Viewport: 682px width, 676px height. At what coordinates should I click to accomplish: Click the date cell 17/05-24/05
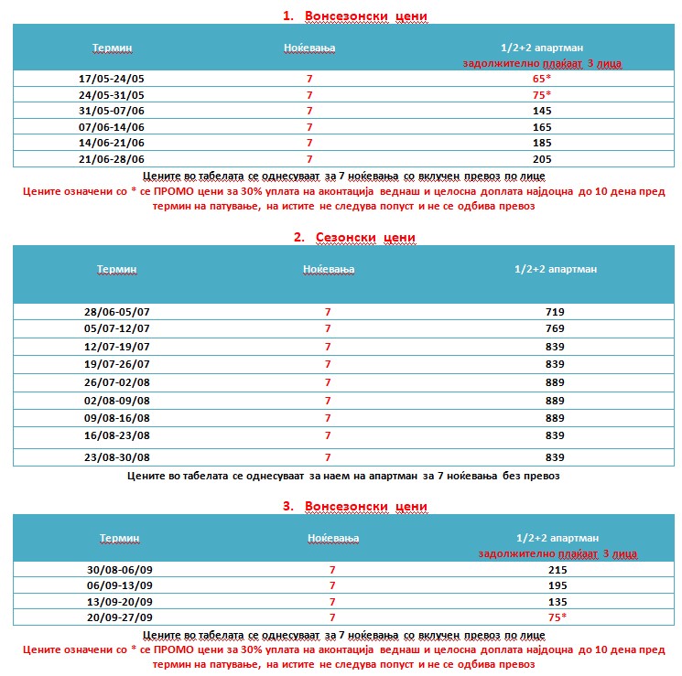112,79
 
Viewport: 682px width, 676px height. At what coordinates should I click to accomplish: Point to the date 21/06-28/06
112,158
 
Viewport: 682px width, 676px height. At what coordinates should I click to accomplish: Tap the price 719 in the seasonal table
555,312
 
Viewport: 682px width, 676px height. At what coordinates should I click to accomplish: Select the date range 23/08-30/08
116,456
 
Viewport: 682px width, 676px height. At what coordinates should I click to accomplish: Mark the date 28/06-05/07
116,312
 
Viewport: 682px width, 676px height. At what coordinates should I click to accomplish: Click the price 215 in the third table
557,570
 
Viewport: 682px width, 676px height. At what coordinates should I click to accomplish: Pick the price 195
557,585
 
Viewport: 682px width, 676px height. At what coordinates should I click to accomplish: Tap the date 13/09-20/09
119,602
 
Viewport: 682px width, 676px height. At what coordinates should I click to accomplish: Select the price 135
557,602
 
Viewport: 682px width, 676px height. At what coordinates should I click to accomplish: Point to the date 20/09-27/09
119,617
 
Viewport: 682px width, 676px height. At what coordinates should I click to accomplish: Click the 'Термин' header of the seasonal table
116,269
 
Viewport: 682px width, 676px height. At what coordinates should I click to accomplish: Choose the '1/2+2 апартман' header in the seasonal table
555,269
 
